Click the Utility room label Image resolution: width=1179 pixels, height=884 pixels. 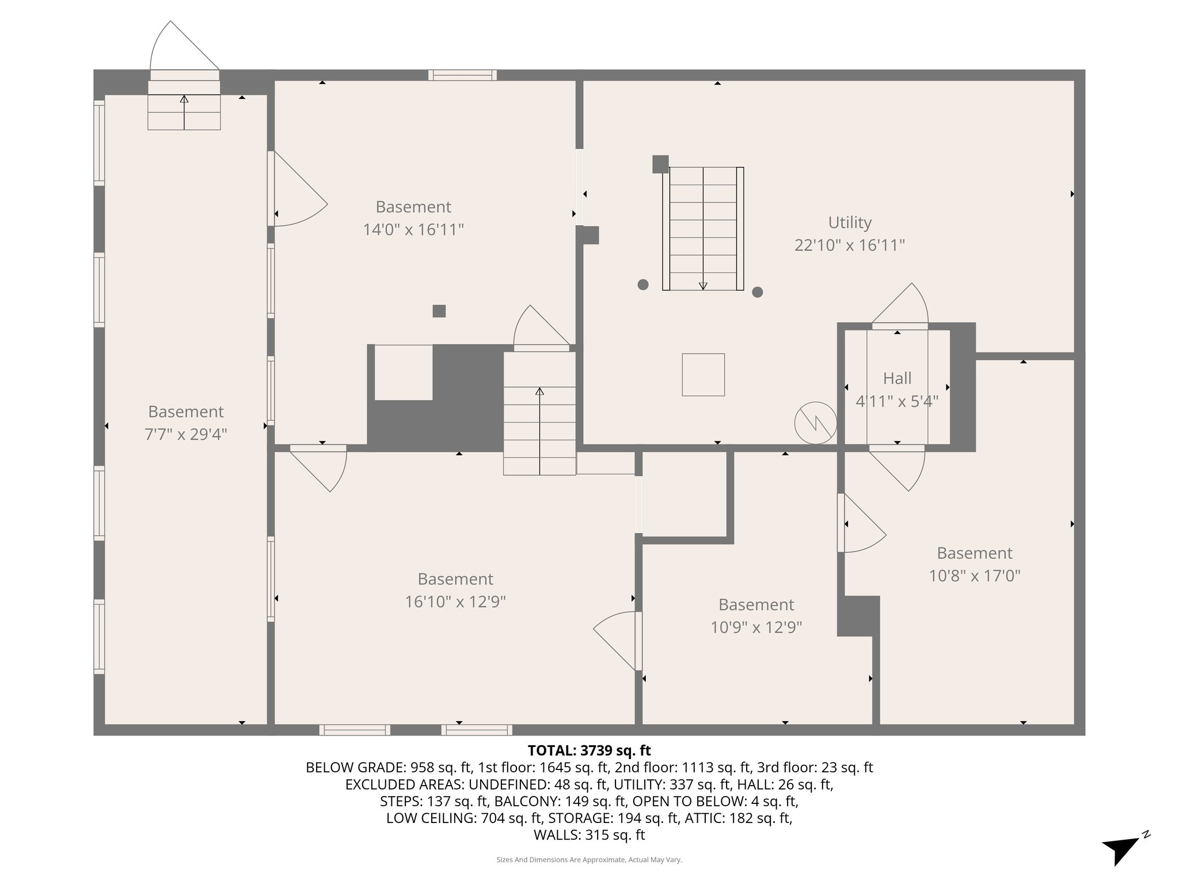coord(849,222)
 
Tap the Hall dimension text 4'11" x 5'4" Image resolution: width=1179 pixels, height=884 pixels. coord(897,401)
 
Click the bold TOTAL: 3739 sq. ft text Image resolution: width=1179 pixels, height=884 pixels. coord(589,750)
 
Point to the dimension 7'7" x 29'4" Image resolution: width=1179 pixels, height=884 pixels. coord(185,434)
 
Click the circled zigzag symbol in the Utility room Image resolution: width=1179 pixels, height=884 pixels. coord(815,422)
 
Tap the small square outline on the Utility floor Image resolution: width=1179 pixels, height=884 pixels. coord(703,375)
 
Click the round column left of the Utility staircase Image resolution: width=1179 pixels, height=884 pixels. coord(643,284)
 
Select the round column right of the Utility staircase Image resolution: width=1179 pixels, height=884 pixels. coord(758,292)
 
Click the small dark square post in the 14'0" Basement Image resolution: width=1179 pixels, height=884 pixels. coord(439,311)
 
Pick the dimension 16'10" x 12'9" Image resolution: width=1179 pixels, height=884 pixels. coord(455,601)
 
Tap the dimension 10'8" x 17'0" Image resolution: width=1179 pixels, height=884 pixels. coord(974,576)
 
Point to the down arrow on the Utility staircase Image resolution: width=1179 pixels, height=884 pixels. coord(703,284)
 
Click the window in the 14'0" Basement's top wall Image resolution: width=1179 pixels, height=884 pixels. coord(462,75)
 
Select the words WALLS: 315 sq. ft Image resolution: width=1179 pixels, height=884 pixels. coord(589,835)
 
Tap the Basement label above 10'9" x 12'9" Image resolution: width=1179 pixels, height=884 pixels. coord(756,604)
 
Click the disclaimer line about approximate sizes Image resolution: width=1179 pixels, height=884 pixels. coord(589,860)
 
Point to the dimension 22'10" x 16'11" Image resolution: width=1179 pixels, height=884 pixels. coord(849,245)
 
